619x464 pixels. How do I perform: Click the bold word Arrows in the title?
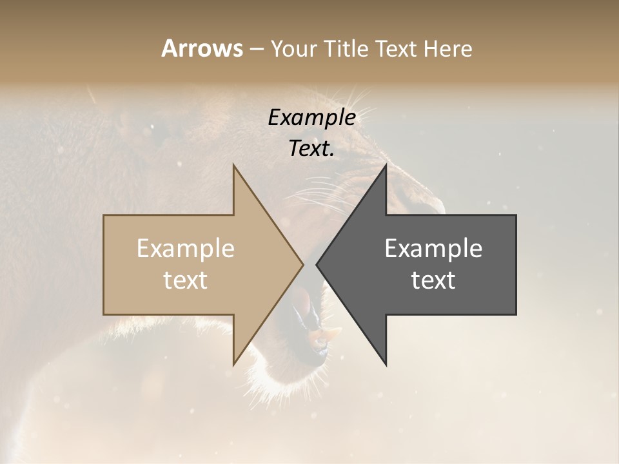point(202,48)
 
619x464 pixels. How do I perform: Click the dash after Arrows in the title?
point(256,49)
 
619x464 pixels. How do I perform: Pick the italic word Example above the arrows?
point(311,118)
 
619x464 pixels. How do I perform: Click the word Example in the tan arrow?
point(185,249)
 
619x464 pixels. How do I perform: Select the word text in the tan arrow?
point(185,280)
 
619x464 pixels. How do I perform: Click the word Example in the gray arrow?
point(433,249)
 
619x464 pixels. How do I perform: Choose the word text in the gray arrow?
point(433,280)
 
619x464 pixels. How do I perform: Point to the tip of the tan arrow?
point(303,264)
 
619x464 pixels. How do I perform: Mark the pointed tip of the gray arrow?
point(317,264)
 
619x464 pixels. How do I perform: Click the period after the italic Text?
point(333,155)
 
